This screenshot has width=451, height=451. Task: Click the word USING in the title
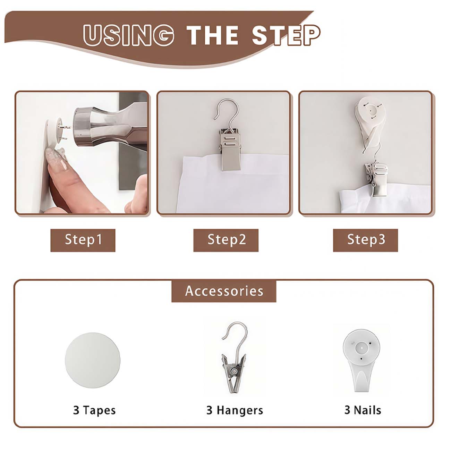(129, 35)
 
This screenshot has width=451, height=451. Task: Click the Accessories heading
(224, 291)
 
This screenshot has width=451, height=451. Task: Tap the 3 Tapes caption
(94, 410)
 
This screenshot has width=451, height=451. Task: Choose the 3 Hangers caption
(235, 410)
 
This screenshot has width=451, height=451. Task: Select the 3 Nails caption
(363, 410)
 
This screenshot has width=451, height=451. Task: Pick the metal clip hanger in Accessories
(234, 358)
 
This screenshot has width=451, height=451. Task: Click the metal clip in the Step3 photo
(376, 179)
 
